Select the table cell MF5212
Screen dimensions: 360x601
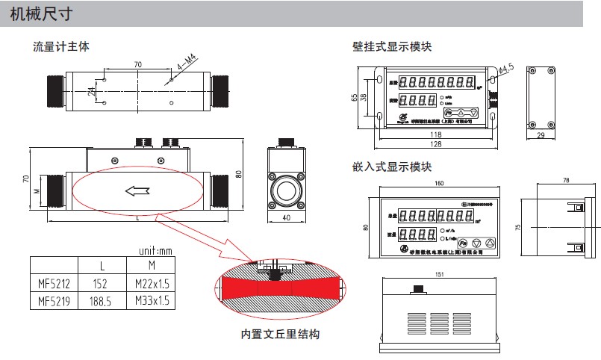click(x=54, y=283)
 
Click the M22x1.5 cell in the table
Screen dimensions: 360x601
click(x=152, y=283)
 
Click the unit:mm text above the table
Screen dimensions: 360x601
click(x=156, y=250)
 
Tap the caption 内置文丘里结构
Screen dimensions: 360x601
click(x=280, y=334)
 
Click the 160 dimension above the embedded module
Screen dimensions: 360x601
click(x=438, y=184)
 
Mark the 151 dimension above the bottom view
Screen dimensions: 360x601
click(x=437, y=274)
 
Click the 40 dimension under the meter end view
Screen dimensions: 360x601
click(x=287, y=218)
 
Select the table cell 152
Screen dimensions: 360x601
click(x=102, y=283)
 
